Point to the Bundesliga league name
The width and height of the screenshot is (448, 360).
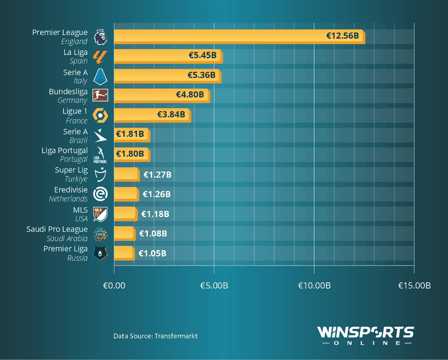(x=69, y=91)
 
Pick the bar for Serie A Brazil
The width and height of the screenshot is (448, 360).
(x=131, y=134)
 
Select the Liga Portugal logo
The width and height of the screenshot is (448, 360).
(x=99, y=155)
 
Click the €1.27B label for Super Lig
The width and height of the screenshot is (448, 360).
(x=157, y=175)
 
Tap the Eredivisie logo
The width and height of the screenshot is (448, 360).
(x=99, y=194)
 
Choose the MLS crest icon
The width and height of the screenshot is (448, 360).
(x=99, y=213)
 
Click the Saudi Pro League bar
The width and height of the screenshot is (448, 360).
(x=124, y=233)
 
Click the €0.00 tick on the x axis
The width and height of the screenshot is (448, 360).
(x=114, y=285)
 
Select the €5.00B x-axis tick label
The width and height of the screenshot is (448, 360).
(x=214, y=285)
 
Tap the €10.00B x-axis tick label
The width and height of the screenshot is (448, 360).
(x=314, y=285)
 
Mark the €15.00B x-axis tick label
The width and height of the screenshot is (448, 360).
(x=414, y=285)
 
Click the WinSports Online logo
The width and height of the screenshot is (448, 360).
(x=365, y=335)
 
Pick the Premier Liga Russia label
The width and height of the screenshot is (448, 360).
(x=66, y=253)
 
